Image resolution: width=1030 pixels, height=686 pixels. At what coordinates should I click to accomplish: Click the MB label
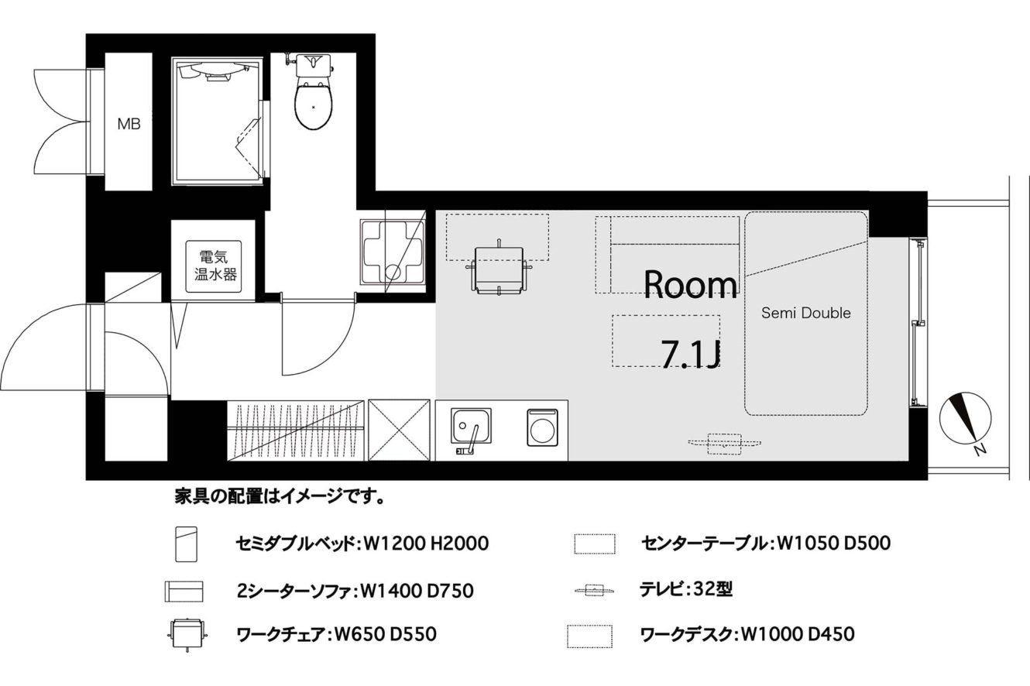pos(129,124)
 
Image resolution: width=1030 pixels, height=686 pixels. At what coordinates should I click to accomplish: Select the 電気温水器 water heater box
pos(214,266)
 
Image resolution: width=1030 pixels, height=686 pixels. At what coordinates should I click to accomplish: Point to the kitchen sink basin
pos(471,425)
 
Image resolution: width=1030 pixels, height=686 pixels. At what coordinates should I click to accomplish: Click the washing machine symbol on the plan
pos(543,427)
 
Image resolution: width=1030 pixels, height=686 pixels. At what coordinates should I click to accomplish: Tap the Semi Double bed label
pos(805,313)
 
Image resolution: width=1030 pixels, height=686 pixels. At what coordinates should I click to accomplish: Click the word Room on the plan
pos(690,285)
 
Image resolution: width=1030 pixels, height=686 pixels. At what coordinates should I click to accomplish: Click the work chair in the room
pos(499,269)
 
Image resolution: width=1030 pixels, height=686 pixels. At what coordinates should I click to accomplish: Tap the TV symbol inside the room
pos(724,444)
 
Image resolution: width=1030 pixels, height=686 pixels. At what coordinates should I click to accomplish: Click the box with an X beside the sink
pos(399,430)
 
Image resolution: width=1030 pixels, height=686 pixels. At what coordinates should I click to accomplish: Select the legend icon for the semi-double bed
pos(187,544)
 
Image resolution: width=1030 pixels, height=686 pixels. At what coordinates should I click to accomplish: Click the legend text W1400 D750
pos(417,591)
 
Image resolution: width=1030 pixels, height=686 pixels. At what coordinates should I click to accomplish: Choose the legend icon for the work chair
pos(187,634)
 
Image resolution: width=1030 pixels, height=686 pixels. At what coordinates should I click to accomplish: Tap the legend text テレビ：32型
pos(686,589)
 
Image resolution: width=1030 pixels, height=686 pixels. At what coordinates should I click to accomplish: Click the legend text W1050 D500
pos(833,544)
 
